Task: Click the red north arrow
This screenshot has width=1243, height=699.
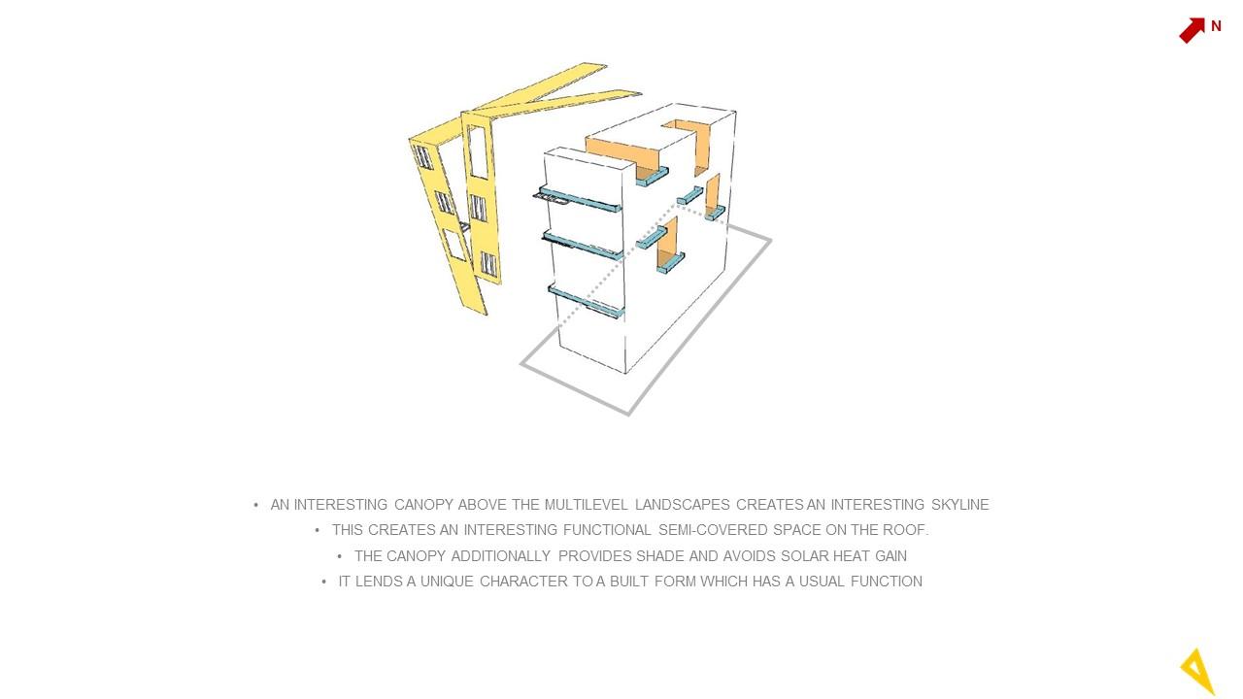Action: tap(1192, 30)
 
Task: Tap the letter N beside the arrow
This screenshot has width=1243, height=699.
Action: tap(1216, 26)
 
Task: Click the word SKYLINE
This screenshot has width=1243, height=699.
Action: tap(960, 505)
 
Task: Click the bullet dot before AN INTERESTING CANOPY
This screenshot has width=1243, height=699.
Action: tap(255, 505)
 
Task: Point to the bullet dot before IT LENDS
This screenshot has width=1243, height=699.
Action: tap(324, 582)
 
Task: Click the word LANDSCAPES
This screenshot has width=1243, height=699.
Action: tap(682, 505)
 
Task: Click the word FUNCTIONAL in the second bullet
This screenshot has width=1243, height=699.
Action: tap(607, 530)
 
